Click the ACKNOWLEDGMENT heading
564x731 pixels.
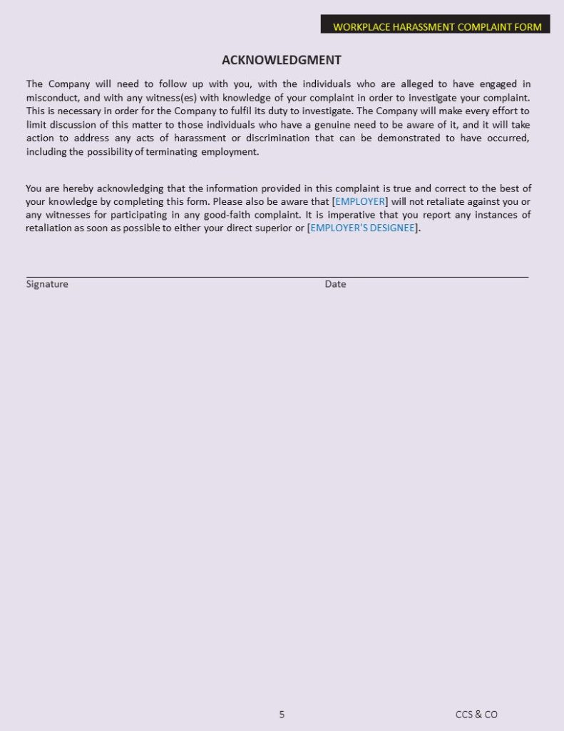pos(282,60)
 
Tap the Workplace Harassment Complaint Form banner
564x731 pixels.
pos(436,27)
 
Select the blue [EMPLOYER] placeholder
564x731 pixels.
pos(361,201)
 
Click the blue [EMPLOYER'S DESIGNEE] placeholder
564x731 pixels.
pos(364,228)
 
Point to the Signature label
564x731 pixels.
pos(47,284)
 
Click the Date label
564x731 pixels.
pos(335,284)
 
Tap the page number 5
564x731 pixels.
pos(282,714)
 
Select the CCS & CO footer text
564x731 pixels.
pos(476,714)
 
